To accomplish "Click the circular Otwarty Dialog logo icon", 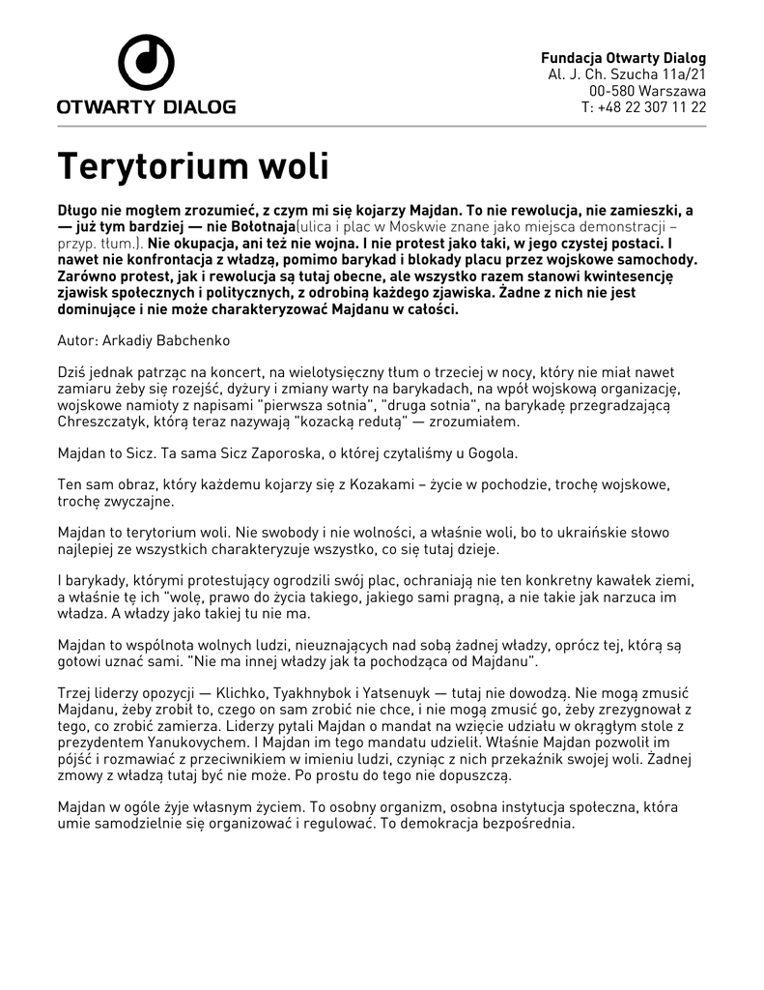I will point(146,63).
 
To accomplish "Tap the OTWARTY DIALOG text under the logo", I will point(146,106).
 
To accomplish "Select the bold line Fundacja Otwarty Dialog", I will point(623,58).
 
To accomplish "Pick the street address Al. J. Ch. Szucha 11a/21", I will point(627,74).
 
